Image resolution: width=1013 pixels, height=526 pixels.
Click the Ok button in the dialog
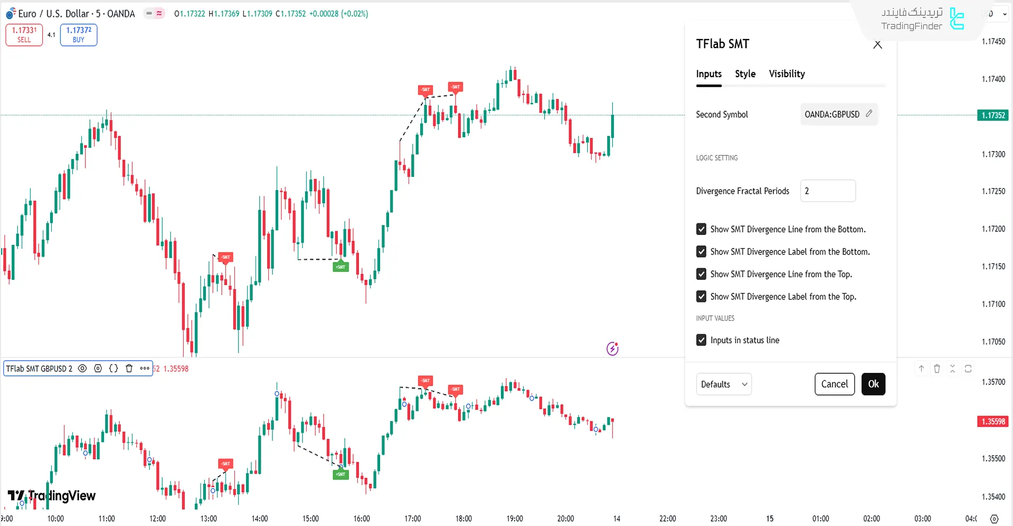[x=873, y=384]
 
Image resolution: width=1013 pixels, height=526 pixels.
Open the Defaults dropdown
[x=723, y=384]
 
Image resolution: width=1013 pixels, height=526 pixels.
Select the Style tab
[x=745, y=74]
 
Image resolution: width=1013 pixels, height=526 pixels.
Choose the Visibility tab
[x=787, y=74]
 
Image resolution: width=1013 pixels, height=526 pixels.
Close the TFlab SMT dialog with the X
[x=877, y=45]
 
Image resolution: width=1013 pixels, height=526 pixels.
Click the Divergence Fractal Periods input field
[x=827, y=191]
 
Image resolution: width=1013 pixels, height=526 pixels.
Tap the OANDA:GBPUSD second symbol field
[x=838, y=114]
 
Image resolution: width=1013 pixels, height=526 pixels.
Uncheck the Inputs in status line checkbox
[x=701, y=340]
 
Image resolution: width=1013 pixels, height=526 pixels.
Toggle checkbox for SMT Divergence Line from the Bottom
[x=701, y=229]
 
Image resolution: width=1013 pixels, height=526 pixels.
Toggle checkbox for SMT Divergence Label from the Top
[x=701, y=297]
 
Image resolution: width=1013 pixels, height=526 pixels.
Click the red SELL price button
[x=24, y=35]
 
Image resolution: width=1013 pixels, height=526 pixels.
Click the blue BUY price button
[x=79, y=35]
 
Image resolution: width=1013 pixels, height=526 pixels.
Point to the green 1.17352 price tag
[x=992, y=115]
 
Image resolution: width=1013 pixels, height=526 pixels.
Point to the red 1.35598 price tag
[x=992, y=421]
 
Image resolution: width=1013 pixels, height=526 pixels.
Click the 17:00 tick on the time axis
[x=412, y=519]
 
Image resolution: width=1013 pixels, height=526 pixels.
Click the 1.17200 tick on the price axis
[x=993, y=229]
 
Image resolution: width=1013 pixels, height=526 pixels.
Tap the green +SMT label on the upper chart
[x=340, y=267]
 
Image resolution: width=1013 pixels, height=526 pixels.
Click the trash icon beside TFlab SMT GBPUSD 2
[x=129, y=369]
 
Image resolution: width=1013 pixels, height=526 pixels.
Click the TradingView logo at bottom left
[x=52, y=496]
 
